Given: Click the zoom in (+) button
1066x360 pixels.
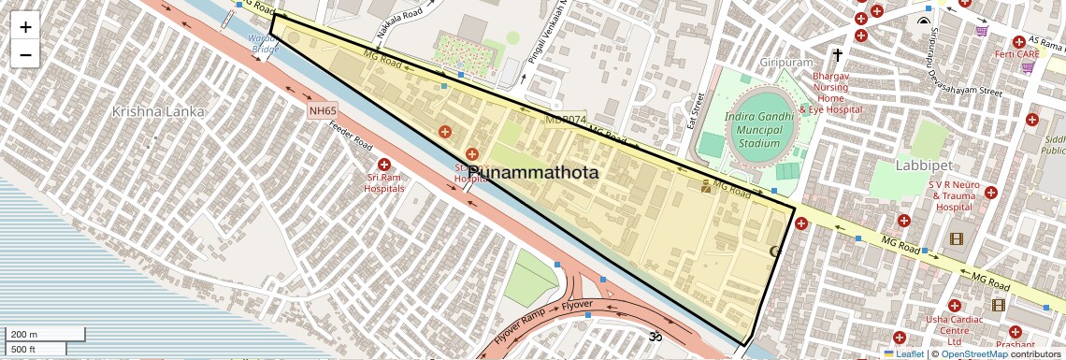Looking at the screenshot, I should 25,26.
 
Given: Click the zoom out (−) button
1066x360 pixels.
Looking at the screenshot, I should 25,54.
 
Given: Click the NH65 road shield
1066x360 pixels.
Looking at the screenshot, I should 323,110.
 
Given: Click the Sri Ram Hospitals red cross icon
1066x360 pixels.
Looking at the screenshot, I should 383,165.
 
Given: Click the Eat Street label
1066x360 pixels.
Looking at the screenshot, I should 695,110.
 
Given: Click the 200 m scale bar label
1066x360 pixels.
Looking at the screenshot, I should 24,335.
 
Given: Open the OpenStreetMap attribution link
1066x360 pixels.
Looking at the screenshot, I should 973,353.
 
